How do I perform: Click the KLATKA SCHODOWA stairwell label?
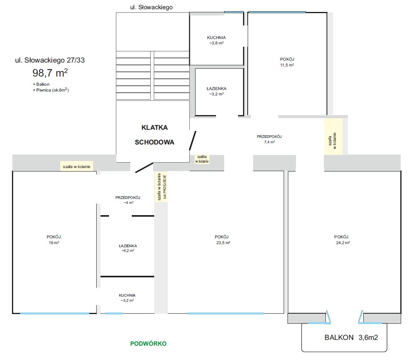click(155, 135)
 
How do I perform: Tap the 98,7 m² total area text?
click(50, 73)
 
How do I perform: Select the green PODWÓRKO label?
click(148, 343)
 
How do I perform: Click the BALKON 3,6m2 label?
click(351, 338)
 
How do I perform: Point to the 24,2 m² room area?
click(343, 243)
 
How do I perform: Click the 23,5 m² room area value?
click(223, 243)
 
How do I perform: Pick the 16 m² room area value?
click(54, 243)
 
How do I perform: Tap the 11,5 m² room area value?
click(287, 65)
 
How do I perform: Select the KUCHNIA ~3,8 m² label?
click(216, 40)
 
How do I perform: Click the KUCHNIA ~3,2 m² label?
click(128, 298)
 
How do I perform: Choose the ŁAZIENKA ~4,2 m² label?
click(128, 248)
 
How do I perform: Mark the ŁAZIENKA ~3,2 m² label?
click(216, 91)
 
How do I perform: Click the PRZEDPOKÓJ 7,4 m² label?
click(269, 139)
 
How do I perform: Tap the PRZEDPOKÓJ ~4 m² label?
click(128, 200)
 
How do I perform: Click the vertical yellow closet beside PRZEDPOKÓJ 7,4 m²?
click(333, 136)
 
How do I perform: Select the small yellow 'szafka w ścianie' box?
click(202, 159)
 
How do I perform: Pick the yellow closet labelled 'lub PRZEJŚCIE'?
click(161, 187)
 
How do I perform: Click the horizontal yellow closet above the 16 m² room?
click(77, 166)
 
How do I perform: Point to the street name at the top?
click(151, 7)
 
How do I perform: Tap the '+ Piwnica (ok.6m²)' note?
click(51, 90)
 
